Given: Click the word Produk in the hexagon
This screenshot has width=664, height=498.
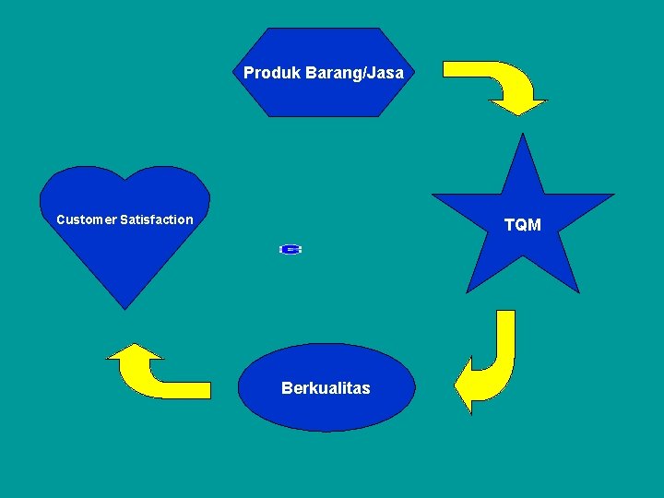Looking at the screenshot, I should click(x=267, y=73).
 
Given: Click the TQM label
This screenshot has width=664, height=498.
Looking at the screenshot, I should click(x=523, y=225).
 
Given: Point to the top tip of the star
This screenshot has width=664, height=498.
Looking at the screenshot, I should click(x=523, y=136).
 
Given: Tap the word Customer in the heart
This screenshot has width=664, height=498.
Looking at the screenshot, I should click(x=86, y=219).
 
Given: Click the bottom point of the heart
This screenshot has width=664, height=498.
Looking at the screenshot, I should click(x=125, y=306).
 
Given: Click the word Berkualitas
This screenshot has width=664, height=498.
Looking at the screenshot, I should click(x=326, y=388).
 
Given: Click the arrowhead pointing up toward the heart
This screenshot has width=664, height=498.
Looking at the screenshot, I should click(x=135, y=351).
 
